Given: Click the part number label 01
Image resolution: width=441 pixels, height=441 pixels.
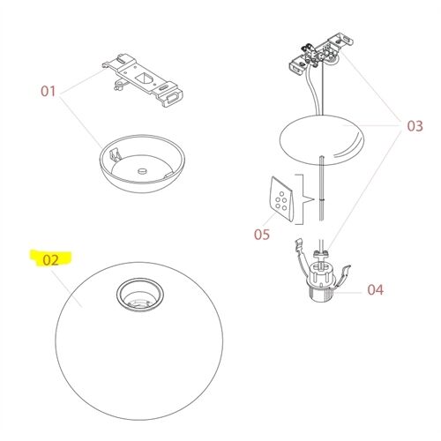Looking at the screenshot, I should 49,91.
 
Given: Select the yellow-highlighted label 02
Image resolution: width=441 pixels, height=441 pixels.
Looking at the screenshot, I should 50,260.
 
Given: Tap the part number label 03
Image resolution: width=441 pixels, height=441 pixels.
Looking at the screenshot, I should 415,126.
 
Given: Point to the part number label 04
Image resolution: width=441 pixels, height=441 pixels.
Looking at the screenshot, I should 376,288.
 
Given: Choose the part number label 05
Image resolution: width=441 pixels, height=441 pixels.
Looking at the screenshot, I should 261,235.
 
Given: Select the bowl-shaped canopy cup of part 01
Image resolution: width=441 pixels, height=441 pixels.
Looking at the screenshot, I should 141,173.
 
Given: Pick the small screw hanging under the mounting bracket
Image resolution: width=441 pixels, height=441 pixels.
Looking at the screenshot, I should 116,86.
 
